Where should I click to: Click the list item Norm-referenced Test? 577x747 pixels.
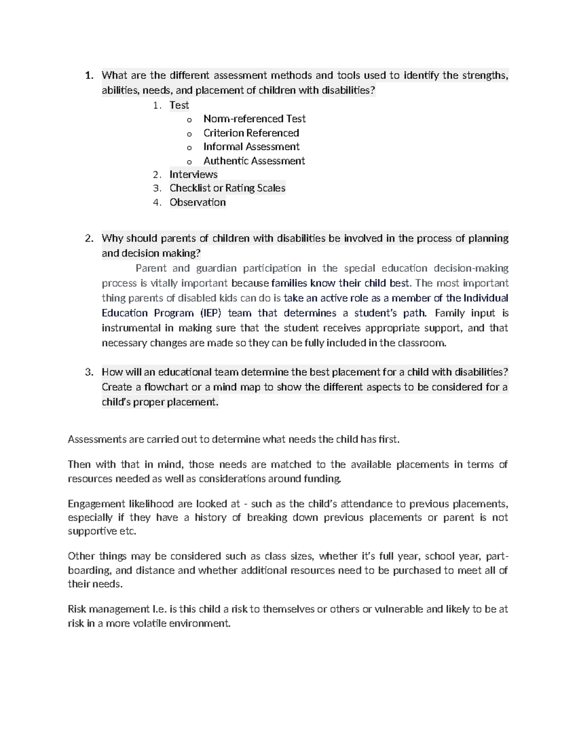tap(254, 119)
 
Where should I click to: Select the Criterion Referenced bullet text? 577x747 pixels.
tap(251, 133)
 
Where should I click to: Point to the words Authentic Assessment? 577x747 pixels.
tap(254, 161)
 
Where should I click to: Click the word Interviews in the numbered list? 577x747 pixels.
tap(193, 174)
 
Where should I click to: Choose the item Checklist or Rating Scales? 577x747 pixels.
tap(227, 188)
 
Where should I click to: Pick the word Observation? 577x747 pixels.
tap(197, 202)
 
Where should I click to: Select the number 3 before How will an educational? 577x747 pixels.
tap(88, 372)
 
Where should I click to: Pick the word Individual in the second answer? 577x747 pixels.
tap(486, 298)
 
